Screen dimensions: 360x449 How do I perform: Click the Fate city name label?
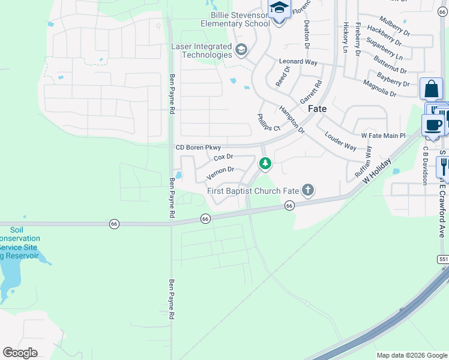[x=317, y=109]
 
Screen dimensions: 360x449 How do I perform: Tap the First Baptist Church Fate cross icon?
[x=308, y=191]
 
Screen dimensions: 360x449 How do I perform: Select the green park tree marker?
[x=265, y=163]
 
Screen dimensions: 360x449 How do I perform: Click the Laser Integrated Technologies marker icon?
[x=242, y=50]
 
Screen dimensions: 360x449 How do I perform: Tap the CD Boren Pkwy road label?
[x=198, y=148]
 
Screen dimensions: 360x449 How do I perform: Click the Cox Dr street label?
[x=223, y=158]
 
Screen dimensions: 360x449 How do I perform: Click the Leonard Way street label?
[x=298, y=62]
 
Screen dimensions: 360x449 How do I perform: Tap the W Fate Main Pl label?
[x=384, y=137]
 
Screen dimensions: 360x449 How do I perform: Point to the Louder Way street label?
[x=340, y=142]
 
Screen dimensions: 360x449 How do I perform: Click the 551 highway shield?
[x=443, y=259]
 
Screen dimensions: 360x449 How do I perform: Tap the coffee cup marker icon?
[x=432, y=125]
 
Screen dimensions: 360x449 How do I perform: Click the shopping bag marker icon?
[x=431, y=90]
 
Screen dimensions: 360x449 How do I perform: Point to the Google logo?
[x=20, y=353]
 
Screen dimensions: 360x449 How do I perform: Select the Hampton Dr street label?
[x=292, y=119]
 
